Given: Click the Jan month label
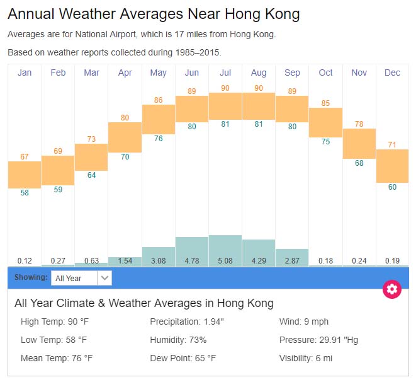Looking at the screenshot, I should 25,73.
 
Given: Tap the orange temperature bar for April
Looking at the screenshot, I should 125,137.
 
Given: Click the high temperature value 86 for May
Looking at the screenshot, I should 159,100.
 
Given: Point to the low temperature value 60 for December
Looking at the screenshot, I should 392,187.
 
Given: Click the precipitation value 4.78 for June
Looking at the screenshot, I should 192,260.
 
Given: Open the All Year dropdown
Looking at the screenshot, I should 81,277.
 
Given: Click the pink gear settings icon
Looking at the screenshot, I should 392,289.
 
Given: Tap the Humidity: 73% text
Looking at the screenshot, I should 178,340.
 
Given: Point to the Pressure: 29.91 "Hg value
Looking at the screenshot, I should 318,340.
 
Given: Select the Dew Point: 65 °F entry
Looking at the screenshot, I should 183,358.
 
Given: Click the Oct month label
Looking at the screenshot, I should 325,73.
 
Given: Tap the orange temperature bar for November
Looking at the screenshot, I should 359,144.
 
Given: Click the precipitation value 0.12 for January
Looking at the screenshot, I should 25,260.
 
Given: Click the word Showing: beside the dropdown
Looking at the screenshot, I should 31,277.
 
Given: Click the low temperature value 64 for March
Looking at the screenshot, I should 92,175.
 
